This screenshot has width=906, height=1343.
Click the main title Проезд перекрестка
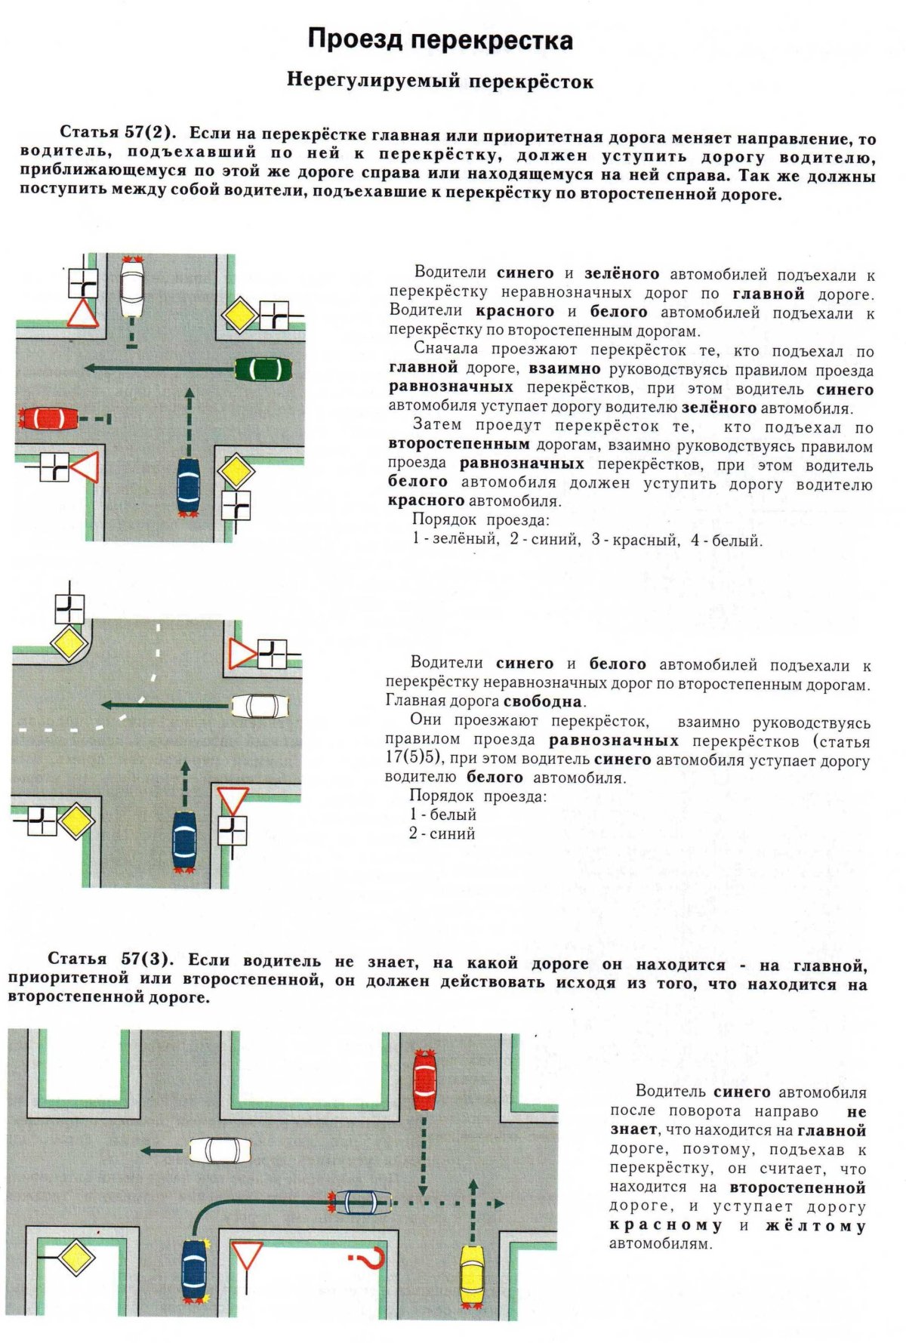pos(440,40)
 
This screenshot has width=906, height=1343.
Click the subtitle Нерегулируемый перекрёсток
pos(440,81)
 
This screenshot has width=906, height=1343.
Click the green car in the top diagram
pos(263,370)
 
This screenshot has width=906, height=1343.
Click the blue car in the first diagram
pos(187,486)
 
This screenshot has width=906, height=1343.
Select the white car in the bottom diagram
pos(219,1150)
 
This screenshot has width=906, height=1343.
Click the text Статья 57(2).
pos(117,132)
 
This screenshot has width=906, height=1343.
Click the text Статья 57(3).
pos(110,959)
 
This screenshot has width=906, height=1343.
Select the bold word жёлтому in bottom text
pos(815,1226)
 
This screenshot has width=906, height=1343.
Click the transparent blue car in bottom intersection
pos(362,1201)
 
